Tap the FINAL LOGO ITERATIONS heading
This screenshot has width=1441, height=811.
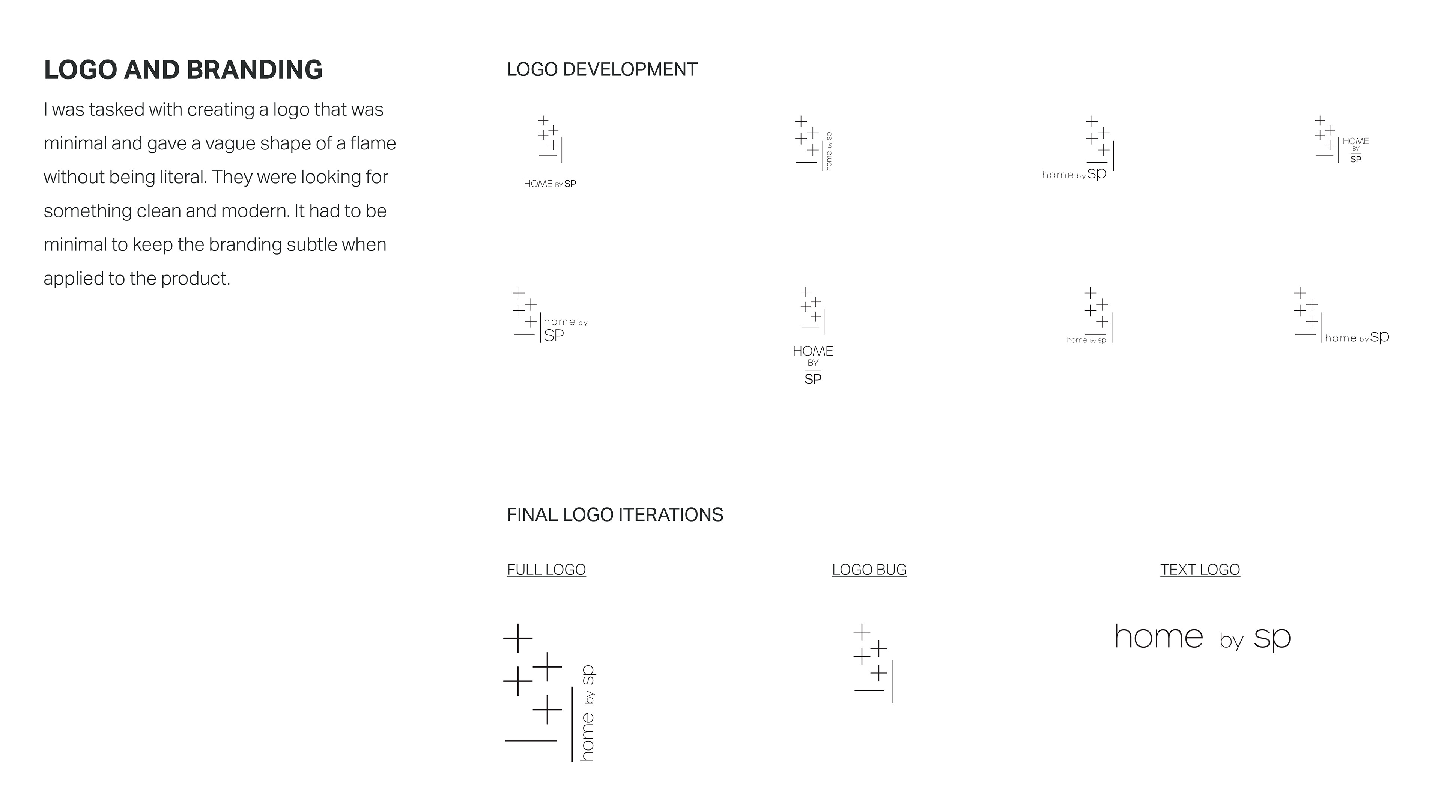(x=614, y=514)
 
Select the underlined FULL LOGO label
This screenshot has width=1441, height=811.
(x=546, y=570)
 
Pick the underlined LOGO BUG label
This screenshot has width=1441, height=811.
(x=869, y=570)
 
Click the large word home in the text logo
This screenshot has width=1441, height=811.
(x=1158, y=637)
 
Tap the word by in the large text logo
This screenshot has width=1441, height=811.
(x=1231, y=640)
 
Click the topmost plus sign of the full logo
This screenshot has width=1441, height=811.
(x=517, y=638)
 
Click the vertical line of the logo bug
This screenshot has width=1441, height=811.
(x=892, y=681)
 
